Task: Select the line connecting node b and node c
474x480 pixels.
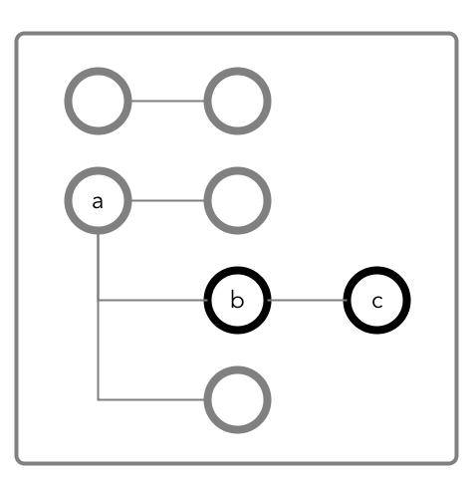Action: [307, 300]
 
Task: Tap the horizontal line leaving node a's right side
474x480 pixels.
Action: [167, 200]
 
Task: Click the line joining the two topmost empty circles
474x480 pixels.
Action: [167, 101]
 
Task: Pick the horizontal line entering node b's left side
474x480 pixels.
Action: [152, 300]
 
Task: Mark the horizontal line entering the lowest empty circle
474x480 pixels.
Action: [151, 399]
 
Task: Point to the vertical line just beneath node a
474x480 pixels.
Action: [98, 267]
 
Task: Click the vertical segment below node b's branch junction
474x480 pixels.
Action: [98, 350]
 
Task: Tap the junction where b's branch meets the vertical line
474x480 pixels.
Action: [98, 300]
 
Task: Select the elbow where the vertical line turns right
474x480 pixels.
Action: [98, 399]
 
